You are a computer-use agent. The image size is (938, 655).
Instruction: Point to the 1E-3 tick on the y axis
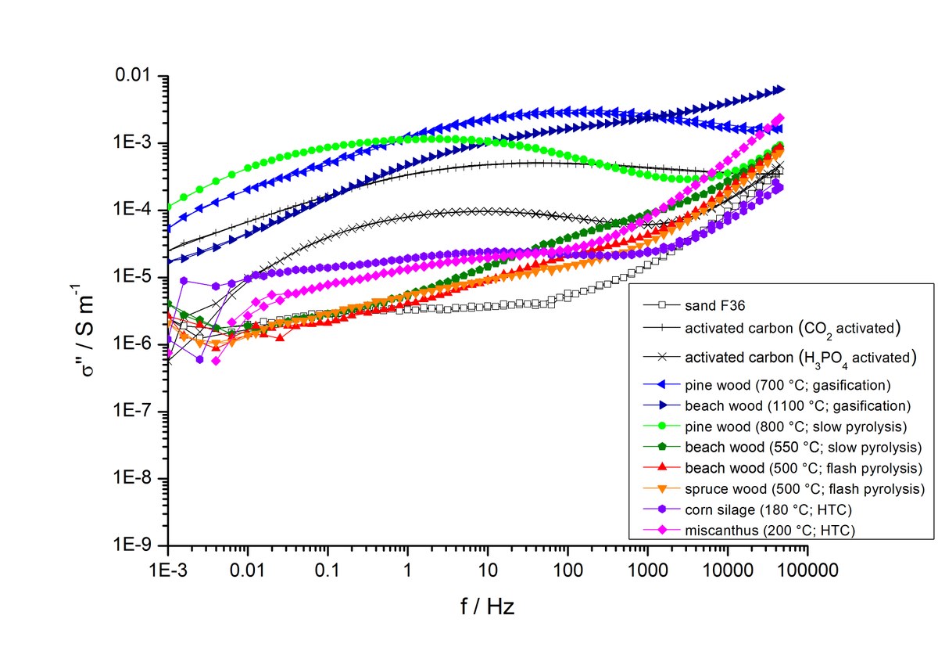[x=136, y=143]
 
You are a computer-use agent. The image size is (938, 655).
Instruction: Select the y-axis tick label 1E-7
[x=136, y=412]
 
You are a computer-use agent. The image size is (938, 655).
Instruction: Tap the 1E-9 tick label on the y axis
[x=136, y=545]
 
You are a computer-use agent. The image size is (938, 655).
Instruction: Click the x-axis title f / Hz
[x=486, y=606]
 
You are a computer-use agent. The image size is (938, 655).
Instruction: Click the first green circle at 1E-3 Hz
[x=169, y=207]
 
